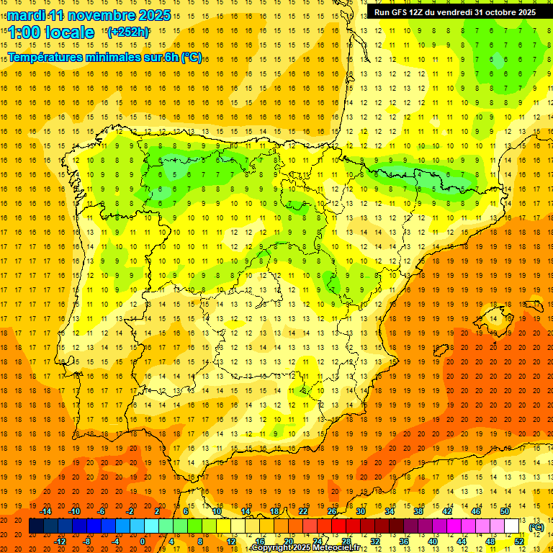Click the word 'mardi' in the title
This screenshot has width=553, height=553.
point(26,15)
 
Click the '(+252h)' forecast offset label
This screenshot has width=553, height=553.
point(127,32)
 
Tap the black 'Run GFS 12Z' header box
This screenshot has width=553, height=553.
point(454,12)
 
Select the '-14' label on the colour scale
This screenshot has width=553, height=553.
point(45,511)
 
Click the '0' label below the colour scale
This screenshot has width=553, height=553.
point(143,541)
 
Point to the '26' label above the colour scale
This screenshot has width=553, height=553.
point(332,511)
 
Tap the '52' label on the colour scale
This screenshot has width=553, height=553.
point(519,541)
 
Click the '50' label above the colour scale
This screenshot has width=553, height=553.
point(505,511)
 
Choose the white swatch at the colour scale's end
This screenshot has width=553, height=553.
point(512,526)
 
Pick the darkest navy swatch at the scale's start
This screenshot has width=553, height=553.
point(36,526)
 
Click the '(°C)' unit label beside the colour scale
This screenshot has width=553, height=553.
point(536,527)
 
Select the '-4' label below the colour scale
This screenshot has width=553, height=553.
point(114,541)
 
